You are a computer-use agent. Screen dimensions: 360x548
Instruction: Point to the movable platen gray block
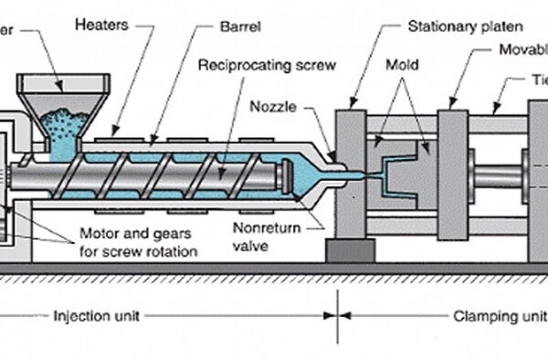452,174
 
